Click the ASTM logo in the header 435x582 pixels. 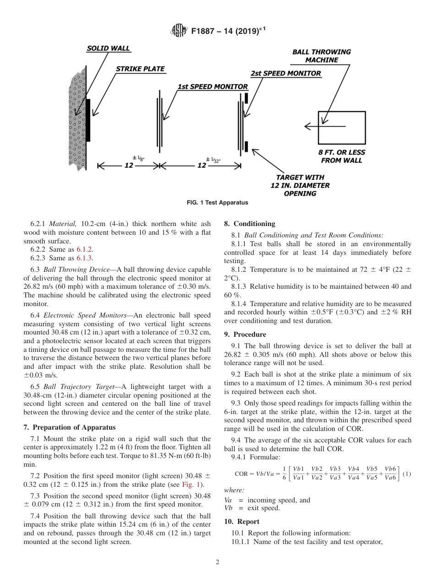pos(179,31)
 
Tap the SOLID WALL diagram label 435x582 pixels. pos(109,48)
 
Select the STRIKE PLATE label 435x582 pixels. pos(140,69)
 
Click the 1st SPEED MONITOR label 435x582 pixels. pos(212,86)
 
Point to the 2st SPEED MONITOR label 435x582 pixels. pos(285,73)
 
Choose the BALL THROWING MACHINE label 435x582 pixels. pos(321,56)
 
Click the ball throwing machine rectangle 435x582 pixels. pos(342,127)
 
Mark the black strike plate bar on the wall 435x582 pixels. pos(88,120)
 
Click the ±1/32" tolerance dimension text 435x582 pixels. pos(212,160)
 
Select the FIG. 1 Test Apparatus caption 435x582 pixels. pos(217,202)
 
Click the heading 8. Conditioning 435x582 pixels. pos(250,224)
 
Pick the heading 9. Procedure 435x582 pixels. pos(245,334)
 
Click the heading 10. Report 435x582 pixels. pos(242,522)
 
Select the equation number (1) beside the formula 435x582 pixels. pos(407,474)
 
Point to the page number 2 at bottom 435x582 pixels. pos(217,562)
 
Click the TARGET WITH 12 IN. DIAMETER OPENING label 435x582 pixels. pos(299,185)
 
